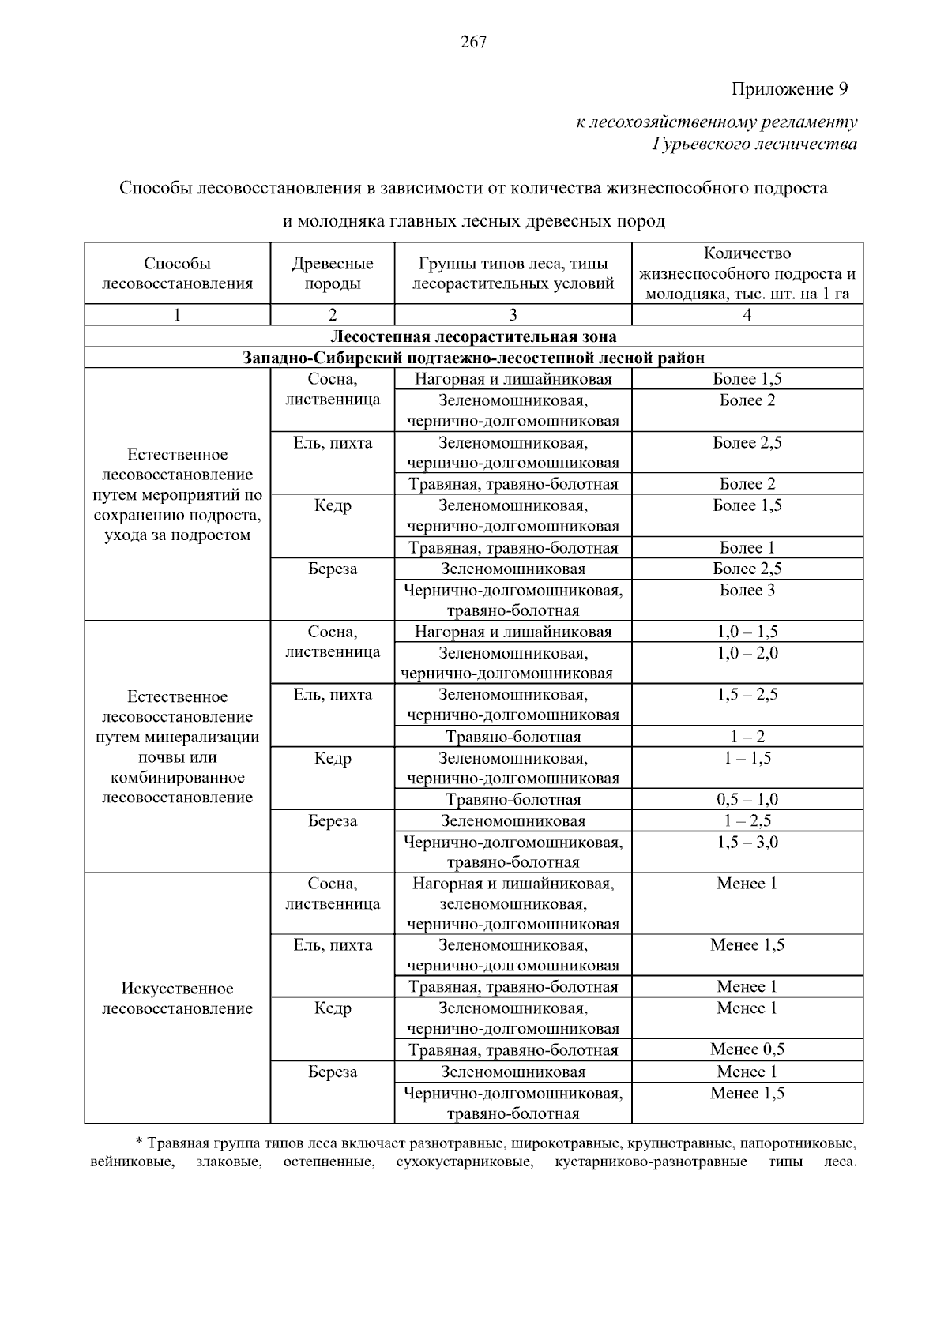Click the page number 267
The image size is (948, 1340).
pyautogui.click(x=473, y=43)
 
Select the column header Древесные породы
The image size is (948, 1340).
pyautogui.click(x=333, y=273)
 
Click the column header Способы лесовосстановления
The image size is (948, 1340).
pyautogui.click(x=177, y=273)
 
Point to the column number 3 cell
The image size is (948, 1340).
pyautogui.click(x=513, y=315)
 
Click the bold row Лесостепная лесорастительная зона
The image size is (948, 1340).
pyautogui.click(x=473, y=337)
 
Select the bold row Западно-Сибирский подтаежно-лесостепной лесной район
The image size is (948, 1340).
pyautogui.click(x=473, y=358)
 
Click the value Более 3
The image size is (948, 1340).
pyautogui.click(x=747, y=590)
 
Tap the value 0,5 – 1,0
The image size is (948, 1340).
pyautogui.click(x=747, y=799)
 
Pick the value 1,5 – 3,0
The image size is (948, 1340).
pyautogui.click(x=747, y=842)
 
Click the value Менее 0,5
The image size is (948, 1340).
pyautogui.click(x=747, y=1049)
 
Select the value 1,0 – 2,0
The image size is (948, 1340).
pyautogui.click(x=747, y=653)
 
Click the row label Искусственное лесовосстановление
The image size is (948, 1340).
pyautogui.click(x=177, y=998)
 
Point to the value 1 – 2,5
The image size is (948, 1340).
pyautogui.click(x=747, y=820)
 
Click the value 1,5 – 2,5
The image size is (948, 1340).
pyautogui.click(x=747, y=695)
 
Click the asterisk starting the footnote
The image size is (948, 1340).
pyautogui.click(x=139, y=1142)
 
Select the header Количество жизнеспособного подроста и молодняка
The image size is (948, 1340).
pyautogui.click(x=747, y=274)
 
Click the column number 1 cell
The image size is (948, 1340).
pyautogui.click(x=177, y=315)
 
